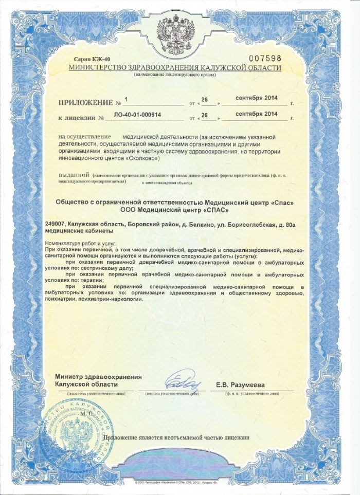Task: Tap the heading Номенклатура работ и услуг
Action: (81, 242)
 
